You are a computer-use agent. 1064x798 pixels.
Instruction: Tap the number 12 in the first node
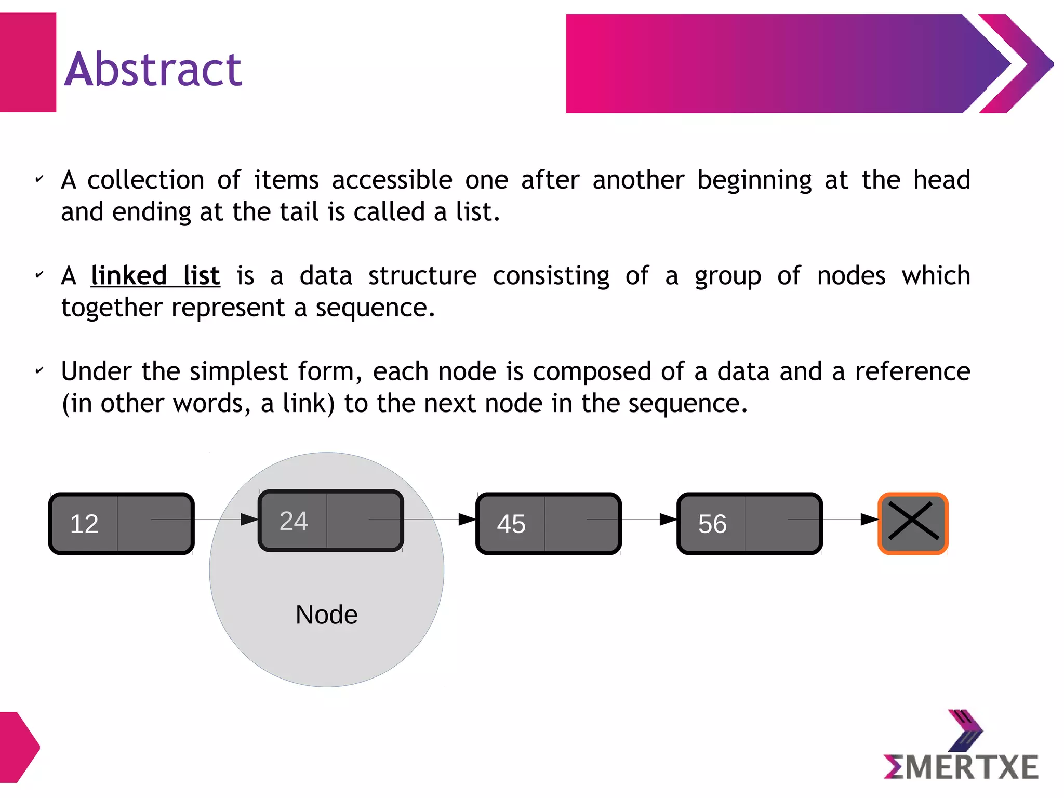tap(84, 524)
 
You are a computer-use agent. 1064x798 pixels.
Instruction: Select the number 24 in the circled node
tap(294, 521)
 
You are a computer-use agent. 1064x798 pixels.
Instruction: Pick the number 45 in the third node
tap(511, 524)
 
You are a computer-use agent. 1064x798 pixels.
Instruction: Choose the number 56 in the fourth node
tap(712, 524)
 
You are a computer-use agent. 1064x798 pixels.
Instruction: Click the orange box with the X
tap(913, 523)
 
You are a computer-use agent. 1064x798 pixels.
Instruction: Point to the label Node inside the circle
tap(326, 615)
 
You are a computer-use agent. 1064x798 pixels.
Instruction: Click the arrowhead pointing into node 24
tap(250, 519)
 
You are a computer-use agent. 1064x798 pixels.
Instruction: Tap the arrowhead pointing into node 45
tap(468, 519)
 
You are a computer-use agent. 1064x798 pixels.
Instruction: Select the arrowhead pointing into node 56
tap(669, 519)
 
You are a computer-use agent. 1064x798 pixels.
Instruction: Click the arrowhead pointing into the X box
tap(870, 519)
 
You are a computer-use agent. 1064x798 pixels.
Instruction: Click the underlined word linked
tap(129, 275)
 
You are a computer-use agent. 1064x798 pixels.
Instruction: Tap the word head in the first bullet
tap(941, 180)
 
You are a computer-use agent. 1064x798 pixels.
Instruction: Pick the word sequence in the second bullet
tap(371, 308)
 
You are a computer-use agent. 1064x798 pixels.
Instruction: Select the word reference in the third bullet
tap(912, 371)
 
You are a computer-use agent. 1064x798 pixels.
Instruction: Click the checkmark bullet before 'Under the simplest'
tap(39, 371)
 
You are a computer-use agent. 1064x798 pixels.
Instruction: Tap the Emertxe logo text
tap(961, 767)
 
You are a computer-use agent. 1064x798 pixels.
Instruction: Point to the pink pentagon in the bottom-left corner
tap(19, 747)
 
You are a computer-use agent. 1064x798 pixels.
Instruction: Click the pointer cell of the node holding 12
tap(154, 524)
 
